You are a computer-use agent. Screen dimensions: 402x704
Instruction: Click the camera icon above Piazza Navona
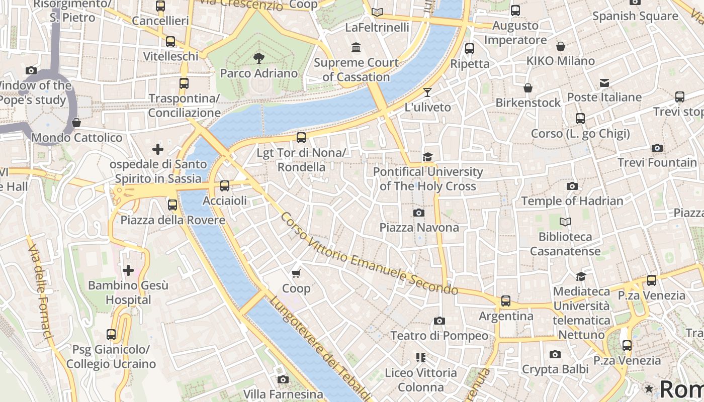(x=418, y=213)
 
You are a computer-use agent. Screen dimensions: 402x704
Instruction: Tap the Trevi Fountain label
(x=657, y=163)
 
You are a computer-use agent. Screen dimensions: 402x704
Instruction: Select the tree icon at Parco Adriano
(x=259, y=58)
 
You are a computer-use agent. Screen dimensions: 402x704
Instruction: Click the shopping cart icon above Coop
(x=296, y=273)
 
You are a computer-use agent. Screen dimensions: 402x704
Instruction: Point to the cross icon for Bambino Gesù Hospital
(x=128, y=270)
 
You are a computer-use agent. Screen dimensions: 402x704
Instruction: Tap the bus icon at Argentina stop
(x=506, y=301)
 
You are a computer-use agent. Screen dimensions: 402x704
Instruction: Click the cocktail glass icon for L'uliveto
(x=427, y=92)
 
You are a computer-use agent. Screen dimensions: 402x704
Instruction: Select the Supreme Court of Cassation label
(x=356, y=70)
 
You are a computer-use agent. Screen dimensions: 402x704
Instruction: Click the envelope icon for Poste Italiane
(x=604, y=82)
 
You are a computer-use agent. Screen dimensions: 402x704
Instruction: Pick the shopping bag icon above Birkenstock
(x=528, y=88)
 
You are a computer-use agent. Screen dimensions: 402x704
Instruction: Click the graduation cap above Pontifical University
(x=427, y=157)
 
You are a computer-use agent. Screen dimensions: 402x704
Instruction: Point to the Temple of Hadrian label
(x=572, y=201)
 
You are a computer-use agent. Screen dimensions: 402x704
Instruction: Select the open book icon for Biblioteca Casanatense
(x=565, y=222)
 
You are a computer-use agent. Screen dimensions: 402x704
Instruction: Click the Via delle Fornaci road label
(x=40, y=291)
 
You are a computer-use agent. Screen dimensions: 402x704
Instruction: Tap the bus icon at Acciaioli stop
(x=225, y=185)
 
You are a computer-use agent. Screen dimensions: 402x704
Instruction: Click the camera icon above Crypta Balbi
(x=555, y=354)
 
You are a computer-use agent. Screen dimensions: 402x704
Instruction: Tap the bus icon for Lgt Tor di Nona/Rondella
(x=301, y=137)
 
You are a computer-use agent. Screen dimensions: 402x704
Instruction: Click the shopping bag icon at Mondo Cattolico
(x=76, y=123)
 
